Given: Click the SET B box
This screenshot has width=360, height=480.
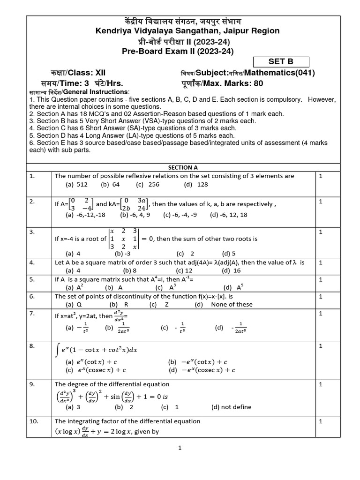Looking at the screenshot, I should coord(281,61).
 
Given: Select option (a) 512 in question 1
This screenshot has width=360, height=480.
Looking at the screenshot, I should coord(76,185).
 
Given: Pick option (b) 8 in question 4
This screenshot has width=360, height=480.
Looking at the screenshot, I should coord(129,270).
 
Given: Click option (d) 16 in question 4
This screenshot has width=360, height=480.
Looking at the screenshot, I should coord(231,270).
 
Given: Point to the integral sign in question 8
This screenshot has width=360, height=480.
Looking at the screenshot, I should coord(58,350).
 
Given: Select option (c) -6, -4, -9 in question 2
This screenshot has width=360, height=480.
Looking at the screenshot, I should coord(180,215).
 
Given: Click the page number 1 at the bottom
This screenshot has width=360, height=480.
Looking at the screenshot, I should coord(180,448).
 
